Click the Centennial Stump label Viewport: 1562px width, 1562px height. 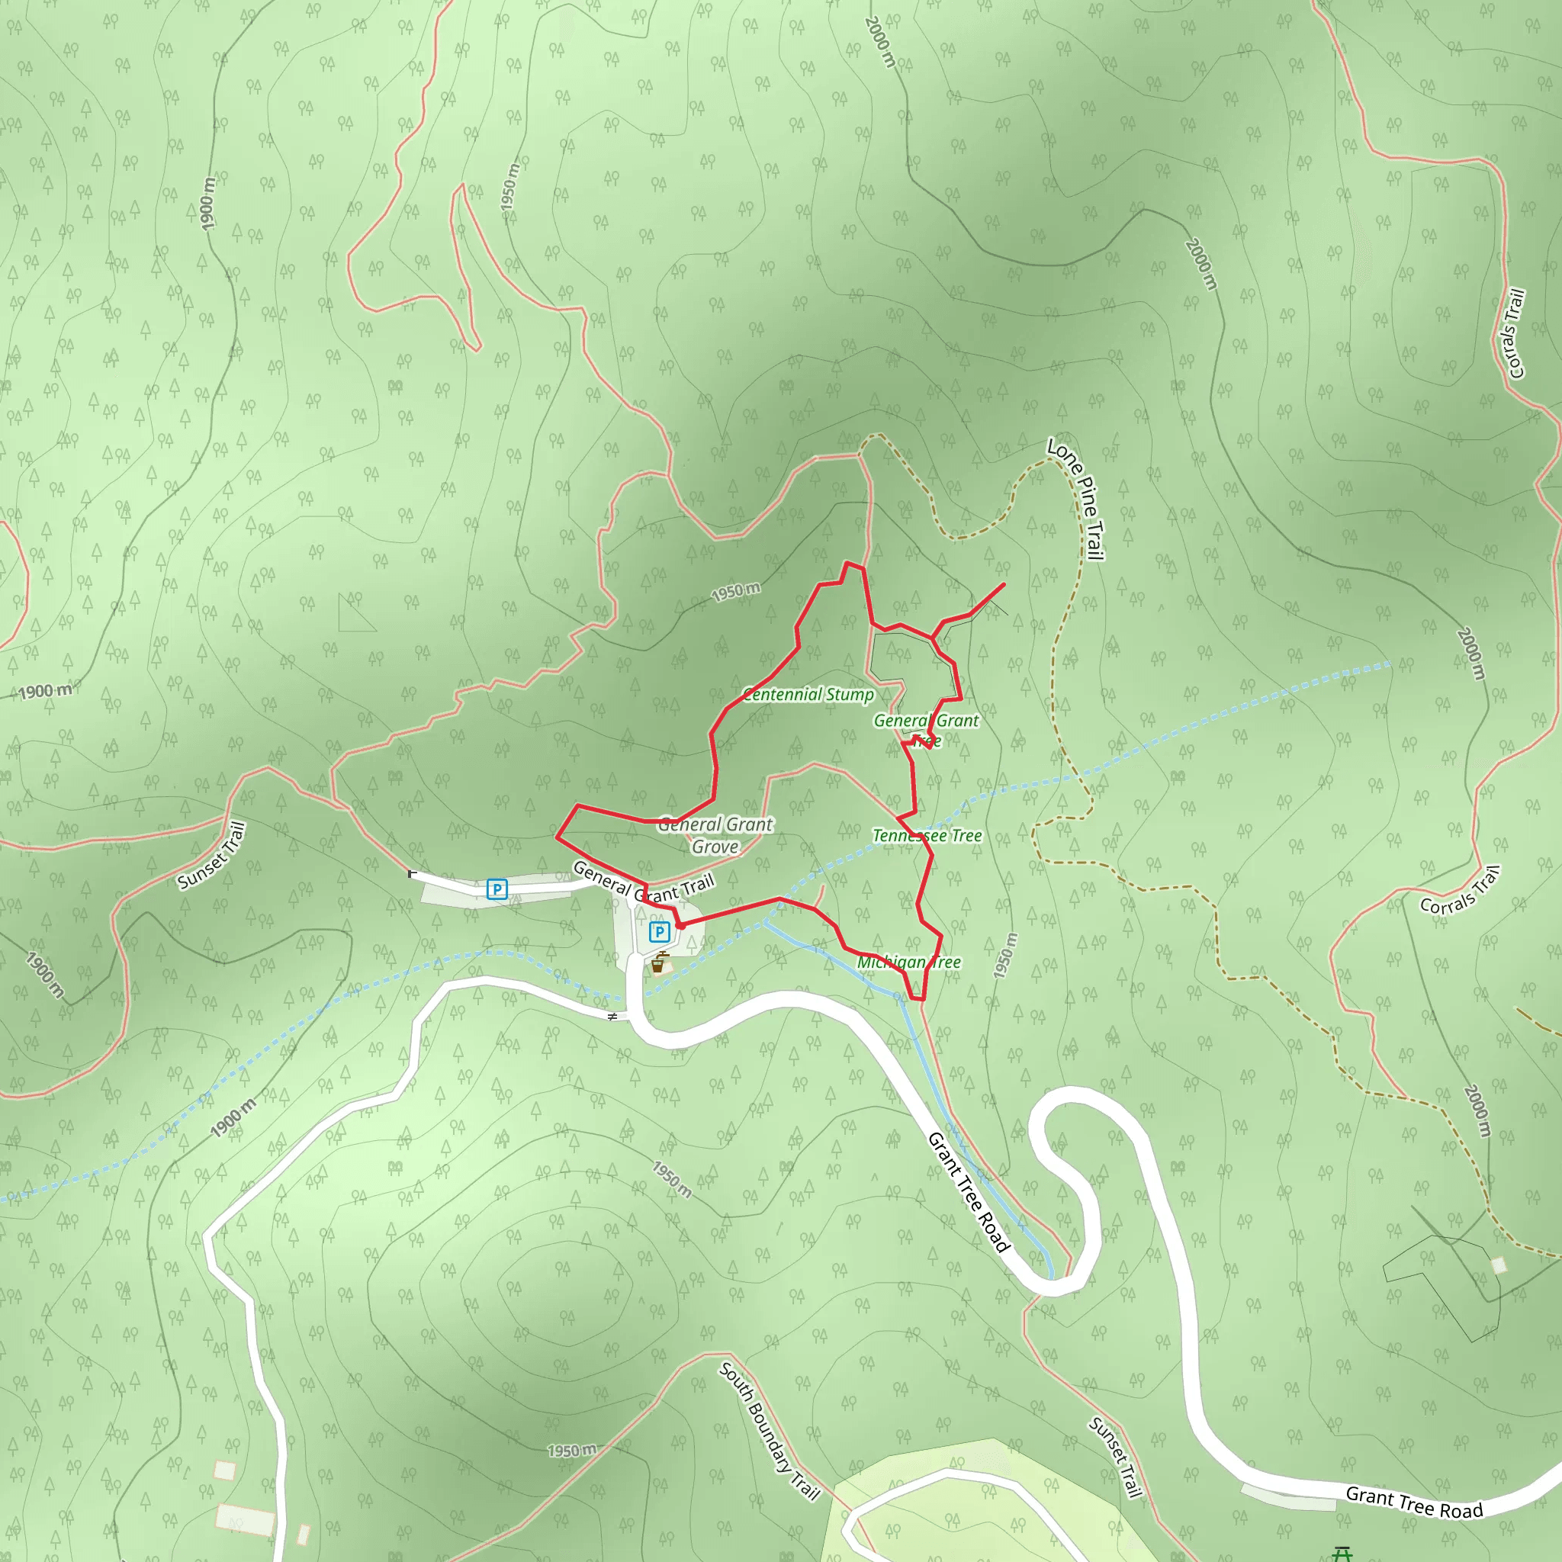[808, 695]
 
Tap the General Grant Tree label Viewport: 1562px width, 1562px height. [926, 729]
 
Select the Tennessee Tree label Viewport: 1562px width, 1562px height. [927, 835]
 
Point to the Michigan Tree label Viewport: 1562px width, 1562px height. [908, 962]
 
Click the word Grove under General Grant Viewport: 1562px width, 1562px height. [715, 847]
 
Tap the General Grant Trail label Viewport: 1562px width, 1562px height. [644, 883]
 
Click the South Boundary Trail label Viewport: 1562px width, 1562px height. [769, 1430]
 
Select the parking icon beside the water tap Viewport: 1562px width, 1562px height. [659, 932]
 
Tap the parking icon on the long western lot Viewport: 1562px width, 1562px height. [497, 889]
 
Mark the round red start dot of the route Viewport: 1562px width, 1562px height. [680, 924]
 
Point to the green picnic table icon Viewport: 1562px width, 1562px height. [1343, 1554]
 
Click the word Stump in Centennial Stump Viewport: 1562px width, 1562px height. [850, 695]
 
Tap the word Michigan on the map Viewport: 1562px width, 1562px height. [890, 962]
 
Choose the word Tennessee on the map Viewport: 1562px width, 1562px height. [910, 835]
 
